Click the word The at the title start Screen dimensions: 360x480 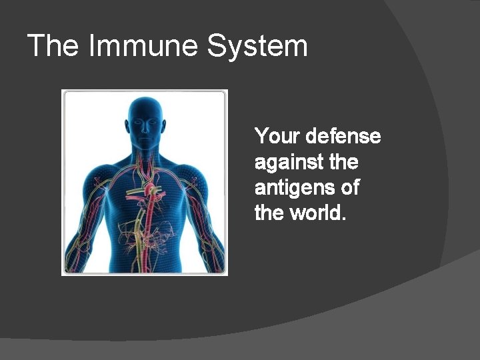pos(53,46)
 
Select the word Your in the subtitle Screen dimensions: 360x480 pos(277,137)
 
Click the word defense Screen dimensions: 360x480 pos(343,137)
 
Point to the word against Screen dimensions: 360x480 pos(289,162)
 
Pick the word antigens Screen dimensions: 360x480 pos(295,188)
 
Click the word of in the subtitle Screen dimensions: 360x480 pos(350,187)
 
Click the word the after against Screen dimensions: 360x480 pos(344,162)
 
